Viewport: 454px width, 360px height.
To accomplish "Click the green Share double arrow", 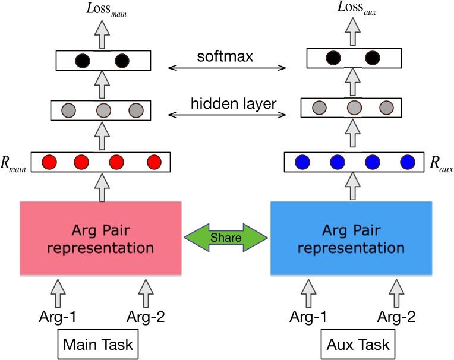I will (226, 238).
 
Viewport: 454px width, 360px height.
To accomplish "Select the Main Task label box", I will (99, 345).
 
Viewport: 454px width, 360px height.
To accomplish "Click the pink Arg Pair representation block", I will (100, 238).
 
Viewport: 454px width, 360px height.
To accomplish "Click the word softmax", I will (226, 58).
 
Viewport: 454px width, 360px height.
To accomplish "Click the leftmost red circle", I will (50, 162).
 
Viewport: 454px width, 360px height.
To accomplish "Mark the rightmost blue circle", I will (407, 162).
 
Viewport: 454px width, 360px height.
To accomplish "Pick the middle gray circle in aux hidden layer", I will (354, 108).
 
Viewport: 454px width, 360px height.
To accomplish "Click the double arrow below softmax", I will (226, 69).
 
